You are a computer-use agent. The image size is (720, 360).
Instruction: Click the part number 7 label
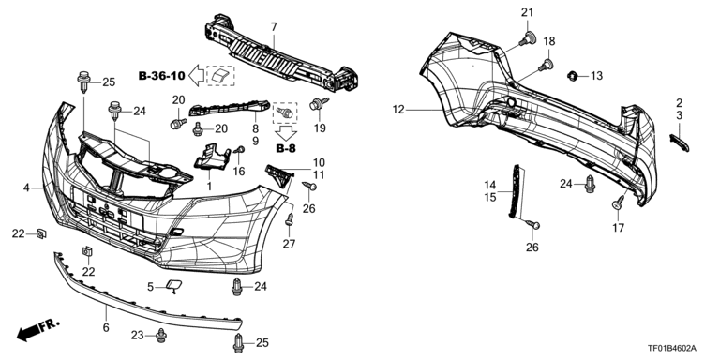274,27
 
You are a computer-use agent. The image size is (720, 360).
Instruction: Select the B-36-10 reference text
161,76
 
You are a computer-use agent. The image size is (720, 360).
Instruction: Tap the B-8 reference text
286,148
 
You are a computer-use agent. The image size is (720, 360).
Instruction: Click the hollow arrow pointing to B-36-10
197,75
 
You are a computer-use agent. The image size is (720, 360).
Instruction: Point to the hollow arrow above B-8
287,133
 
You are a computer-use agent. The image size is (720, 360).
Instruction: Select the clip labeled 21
527,39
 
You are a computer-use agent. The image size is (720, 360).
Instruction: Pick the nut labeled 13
572,76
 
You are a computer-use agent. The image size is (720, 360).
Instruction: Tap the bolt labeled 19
318,104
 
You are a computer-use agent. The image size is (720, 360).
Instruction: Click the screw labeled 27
290,219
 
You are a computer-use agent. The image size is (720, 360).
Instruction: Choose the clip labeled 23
160,336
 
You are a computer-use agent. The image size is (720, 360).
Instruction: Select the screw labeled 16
240,150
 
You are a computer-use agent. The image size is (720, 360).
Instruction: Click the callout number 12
398,110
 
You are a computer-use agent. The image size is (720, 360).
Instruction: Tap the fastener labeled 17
618,202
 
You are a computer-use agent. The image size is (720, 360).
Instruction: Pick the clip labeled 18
546,65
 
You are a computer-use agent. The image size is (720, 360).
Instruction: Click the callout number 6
106,328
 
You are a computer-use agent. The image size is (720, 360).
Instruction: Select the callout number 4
26,187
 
